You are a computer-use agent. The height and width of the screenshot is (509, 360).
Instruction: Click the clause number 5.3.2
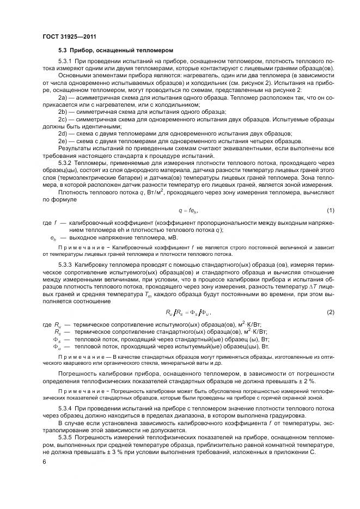tap(65, 161)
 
